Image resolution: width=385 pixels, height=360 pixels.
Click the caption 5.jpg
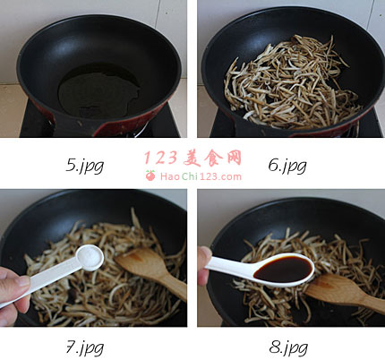84,166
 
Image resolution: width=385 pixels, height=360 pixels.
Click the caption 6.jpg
287,166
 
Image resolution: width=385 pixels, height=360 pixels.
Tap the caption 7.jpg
84,347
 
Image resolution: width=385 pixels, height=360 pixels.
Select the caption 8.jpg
288,347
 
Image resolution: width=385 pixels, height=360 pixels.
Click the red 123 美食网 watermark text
192,158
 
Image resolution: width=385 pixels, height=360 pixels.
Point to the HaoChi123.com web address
201,176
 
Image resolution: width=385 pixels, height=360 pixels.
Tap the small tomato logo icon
150,176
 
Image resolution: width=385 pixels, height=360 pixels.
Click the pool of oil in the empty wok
98,90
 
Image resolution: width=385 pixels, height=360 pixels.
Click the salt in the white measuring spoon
90,258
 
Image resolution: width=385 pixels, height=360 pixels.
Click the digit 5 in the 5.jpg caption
71,165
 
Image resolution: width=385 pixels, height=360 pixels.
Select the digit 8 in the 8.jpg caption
274,347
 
